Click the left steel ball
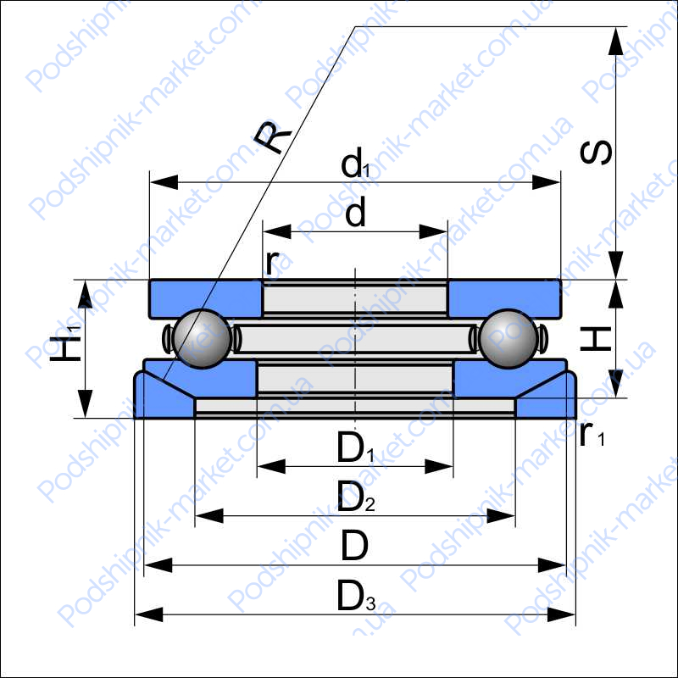pos(202,338)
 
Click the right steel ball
pos(508,338)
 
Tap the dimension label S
pos(596,153)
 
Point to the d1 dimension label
pos(355,163)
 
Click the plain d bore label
pos(355,211)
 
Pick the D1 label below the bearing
pos(355,447)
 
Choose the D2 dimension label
pos(356,497)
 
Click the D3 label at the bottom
pos(356,596)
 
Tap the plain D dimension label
pos(354,545)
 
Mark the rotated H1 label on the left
pos(66,344)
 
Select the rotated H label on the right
pos(596,338)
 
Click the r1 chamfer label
pos(592,434)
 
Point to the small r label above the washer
pos(271,262)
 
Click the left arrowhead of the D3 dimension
pos(149,614)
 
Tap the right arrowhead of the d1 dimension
pos(546,182)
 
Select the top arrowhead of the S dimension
pos(616,41)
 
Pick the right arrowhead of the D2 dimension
pos(501,515)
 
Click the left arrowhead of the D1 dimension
pos(271,467)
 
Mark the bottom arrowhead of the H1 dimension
pos(86,404)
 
